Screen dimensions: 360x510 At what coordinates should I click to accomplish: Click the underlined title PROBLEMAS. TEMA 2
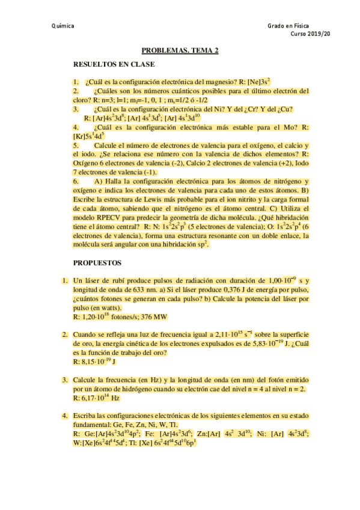pyautogui.click(x=180, y=52)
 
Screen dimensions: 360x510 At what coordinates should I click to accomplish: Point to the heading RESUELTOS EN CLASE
pyautogui.click(x=114, y=64)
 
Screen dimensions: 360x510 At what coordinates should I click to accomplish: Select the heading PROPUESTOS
pyautogui.click(x=97, y=263)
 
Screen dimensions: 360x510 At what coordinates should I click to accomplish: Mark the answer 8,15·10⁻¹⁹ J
pyautogui.click(x=96, y=362)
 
